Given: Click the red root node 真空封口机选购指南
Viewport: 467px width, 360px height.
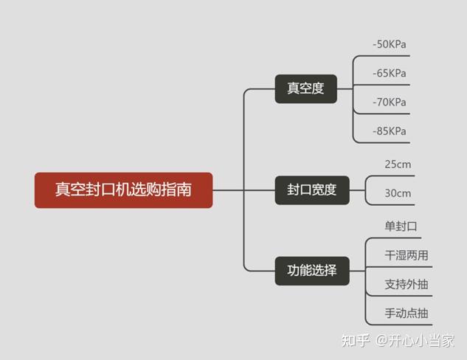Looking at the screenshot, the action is [123, 190].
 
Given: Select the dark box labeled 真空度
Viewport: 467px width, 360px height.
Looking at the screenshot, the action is [305, 89].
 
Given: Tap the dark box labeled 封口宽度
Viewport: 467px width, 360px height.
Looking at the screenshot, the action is [311, 190].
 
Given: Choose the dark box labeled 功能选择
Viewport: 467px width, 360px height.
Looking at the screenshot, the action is [311, 270].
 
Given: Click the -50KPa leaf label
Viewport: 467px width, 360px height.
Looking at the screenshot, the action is [390, 44].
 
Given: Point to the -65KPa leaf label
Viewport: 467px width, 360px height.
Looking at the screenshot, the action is [390, 73].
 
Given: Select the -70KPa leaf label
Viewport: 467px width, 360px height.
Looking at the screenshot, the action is [390, 102].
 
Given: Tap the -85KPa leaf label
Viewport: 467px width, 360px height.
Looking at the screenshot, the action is [390, 131].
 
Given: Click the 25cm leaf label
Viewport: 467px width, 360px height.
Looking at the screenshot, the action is [398, 164].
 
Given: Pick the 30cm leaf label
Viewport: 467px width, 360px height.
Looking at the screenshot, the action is [398, 193].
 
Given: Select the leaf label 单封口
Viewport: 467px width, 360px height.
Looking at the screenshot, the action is [401, 226].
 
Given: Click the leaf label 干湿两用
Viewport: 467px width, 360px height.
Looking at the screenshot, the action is [407, 255].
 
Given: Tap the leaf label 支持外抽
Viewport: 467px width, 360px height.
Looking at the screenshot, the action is [407, 284].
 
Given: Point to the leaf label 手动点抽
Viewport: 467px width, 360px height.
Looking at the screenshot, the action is [407, 313].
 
